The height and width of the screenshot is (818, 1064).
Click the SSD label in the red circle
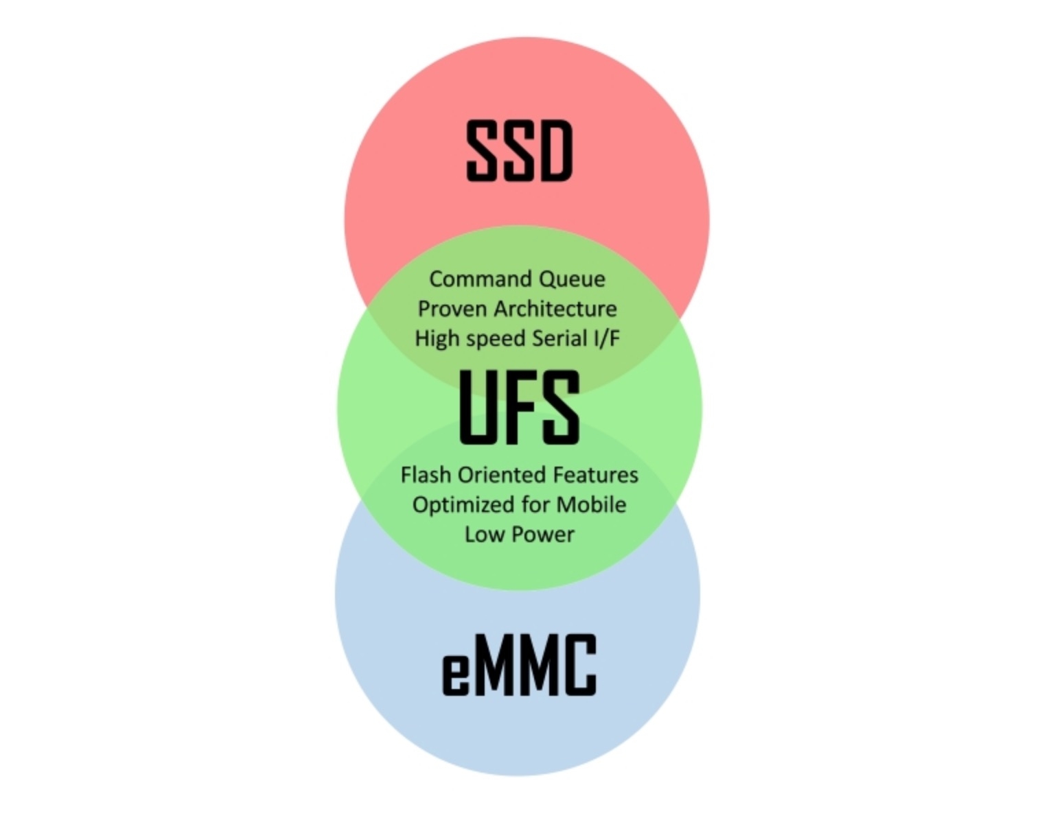point(519,151)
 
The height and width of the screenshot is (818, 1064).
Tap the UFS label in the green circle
point(520,407)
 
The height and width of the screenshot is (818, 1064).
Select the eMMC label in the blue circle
point(520,665)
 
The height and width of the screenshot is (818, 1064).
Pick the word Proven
point(453,309)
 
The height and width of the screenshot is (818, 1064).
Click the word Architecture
point(556,309)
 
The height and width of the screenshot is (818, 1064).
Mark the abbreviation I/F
point(607,338)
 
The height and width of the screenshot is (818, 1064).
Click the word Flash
point(426,475)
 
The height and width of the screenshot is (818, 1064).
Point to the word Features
point(596,475)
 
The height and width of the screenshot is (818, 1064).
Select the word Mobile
point(591,504)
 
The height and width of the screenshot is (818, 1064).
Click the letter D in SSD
point(556,151)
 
